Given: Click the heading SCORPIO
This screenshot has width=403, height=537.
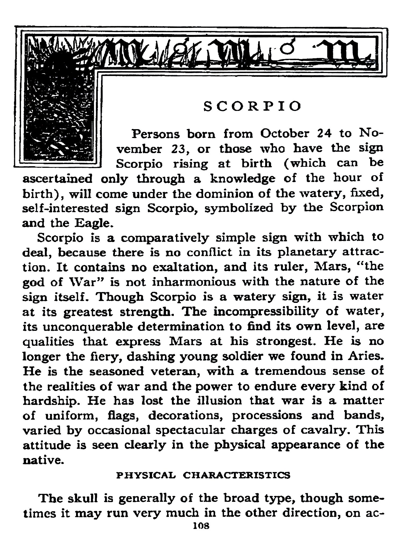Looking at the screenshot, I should click(252, 106).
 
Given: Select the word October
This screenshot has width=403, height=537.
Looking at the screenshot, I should click(285, 133).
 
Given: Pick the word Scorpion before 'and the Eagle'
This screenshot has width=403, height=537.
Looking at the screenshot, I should click(357, 208).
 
